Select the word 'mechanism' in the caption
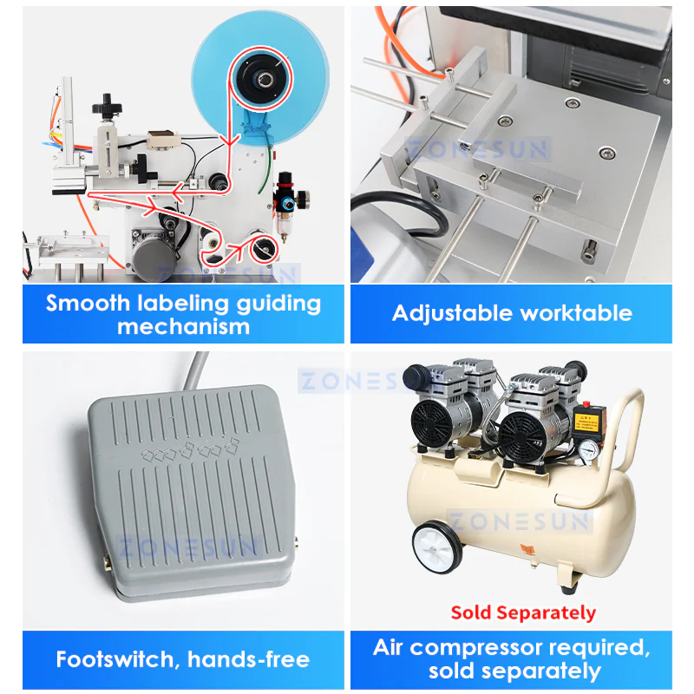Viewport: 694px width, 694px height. [183, 327]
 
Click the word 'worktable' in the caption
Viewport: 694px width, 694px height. [576, 313]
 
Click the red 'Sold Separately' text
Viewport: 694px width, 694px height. [523, 612]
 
